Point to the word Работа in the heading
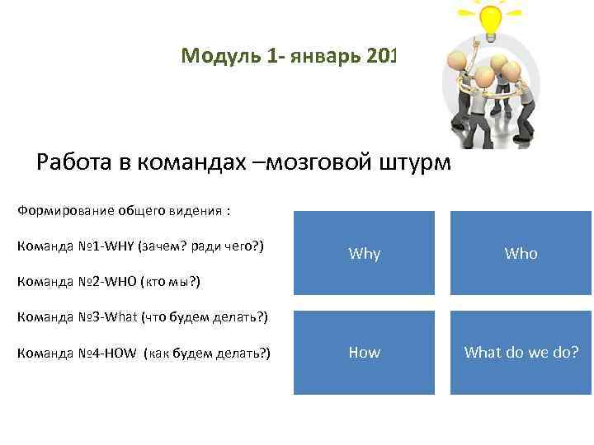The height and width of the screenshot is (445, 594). pos(75,162)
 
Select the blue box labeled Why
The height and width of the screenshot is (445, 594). pos(365,254)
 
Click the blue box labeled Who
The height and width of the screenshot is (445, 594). pos(521,254)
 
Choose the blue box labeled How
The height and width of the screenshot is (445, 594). pos(365,353)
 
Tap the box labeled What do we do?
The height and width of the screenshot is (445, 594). pos(521,353)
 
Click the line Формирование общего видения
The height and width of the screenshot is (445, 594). pos(123,210)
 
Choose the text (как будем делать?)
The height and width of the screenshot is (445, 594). pos(206,354)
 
